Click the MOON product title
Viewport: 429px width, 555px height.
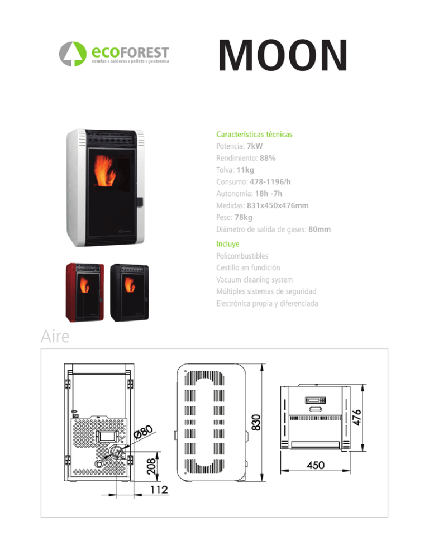pos(283,55)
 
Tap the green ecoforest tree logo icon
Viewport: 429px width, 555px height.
pos(73,54)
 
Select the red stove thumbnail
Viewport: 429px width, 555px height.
pos(85,292)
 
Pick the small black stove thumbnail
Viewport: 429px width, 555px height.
pos(129,293)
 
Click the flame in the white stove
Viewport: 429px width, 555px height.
pos(105,171)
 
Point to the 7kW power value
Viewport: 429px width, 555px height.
pos(255,146)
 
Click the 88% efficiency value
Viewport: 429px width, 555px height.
pos(268,158)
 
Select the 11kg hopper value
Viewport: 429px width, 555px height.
pos(245,170)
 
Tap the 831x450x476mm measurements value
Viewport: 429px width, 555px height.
pos(278,205)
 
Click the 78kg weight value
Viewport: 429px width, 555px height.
pos(244,217)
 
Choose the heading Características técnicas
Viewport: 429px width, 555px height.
pos(254,135)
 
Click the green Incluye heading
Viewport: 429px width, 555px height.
pos(228,244)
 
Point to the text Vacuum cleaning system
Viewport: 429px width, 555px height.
pos(255,280)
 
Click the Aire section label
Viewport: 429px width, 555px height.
pos(55,336)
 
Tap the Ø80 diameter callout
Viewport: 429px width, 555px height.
pos(144,432)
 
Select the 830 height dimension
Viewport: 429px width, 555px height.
pos(256,422)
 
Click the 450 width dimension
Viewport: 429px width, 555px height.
pos(316,465)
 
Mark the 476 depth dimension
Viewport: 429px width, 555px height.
pos(357,417)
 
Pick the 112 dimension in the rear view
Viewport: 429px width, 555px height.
pos(159,490)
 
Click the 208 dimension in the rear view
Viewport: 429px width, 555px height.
pos(151,467)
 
